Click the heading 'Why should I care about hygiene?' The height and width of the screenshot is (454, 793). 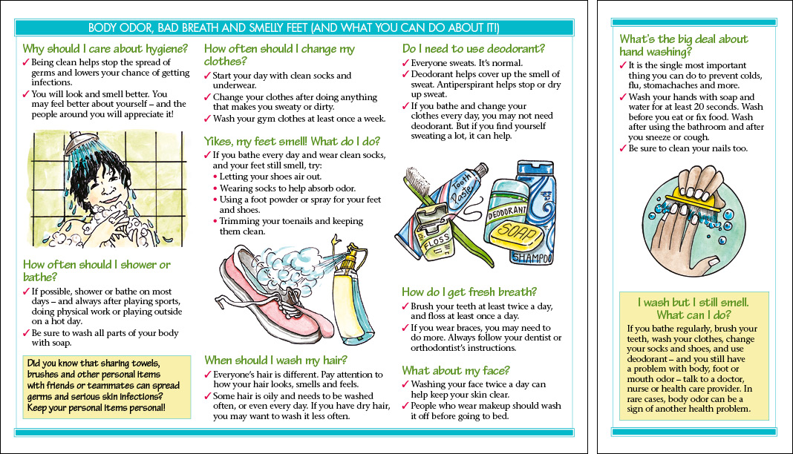(103, 49)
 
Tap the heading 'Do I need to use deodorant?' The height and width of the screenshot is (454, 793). (473, 49)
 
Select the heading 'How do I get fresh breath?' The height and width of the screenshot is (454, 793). (469, 292)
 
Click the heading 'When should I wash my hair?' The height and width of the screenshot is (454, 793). (275, 361)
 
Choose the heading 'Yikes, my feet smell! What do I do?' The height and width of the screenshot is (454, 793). (292, 141)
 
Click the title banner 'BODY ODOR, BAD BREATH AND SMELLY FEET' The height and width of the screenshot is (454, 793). (293, 28)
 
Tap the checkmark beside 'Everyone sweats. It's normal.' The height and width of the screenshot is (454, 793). (405, 63)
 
